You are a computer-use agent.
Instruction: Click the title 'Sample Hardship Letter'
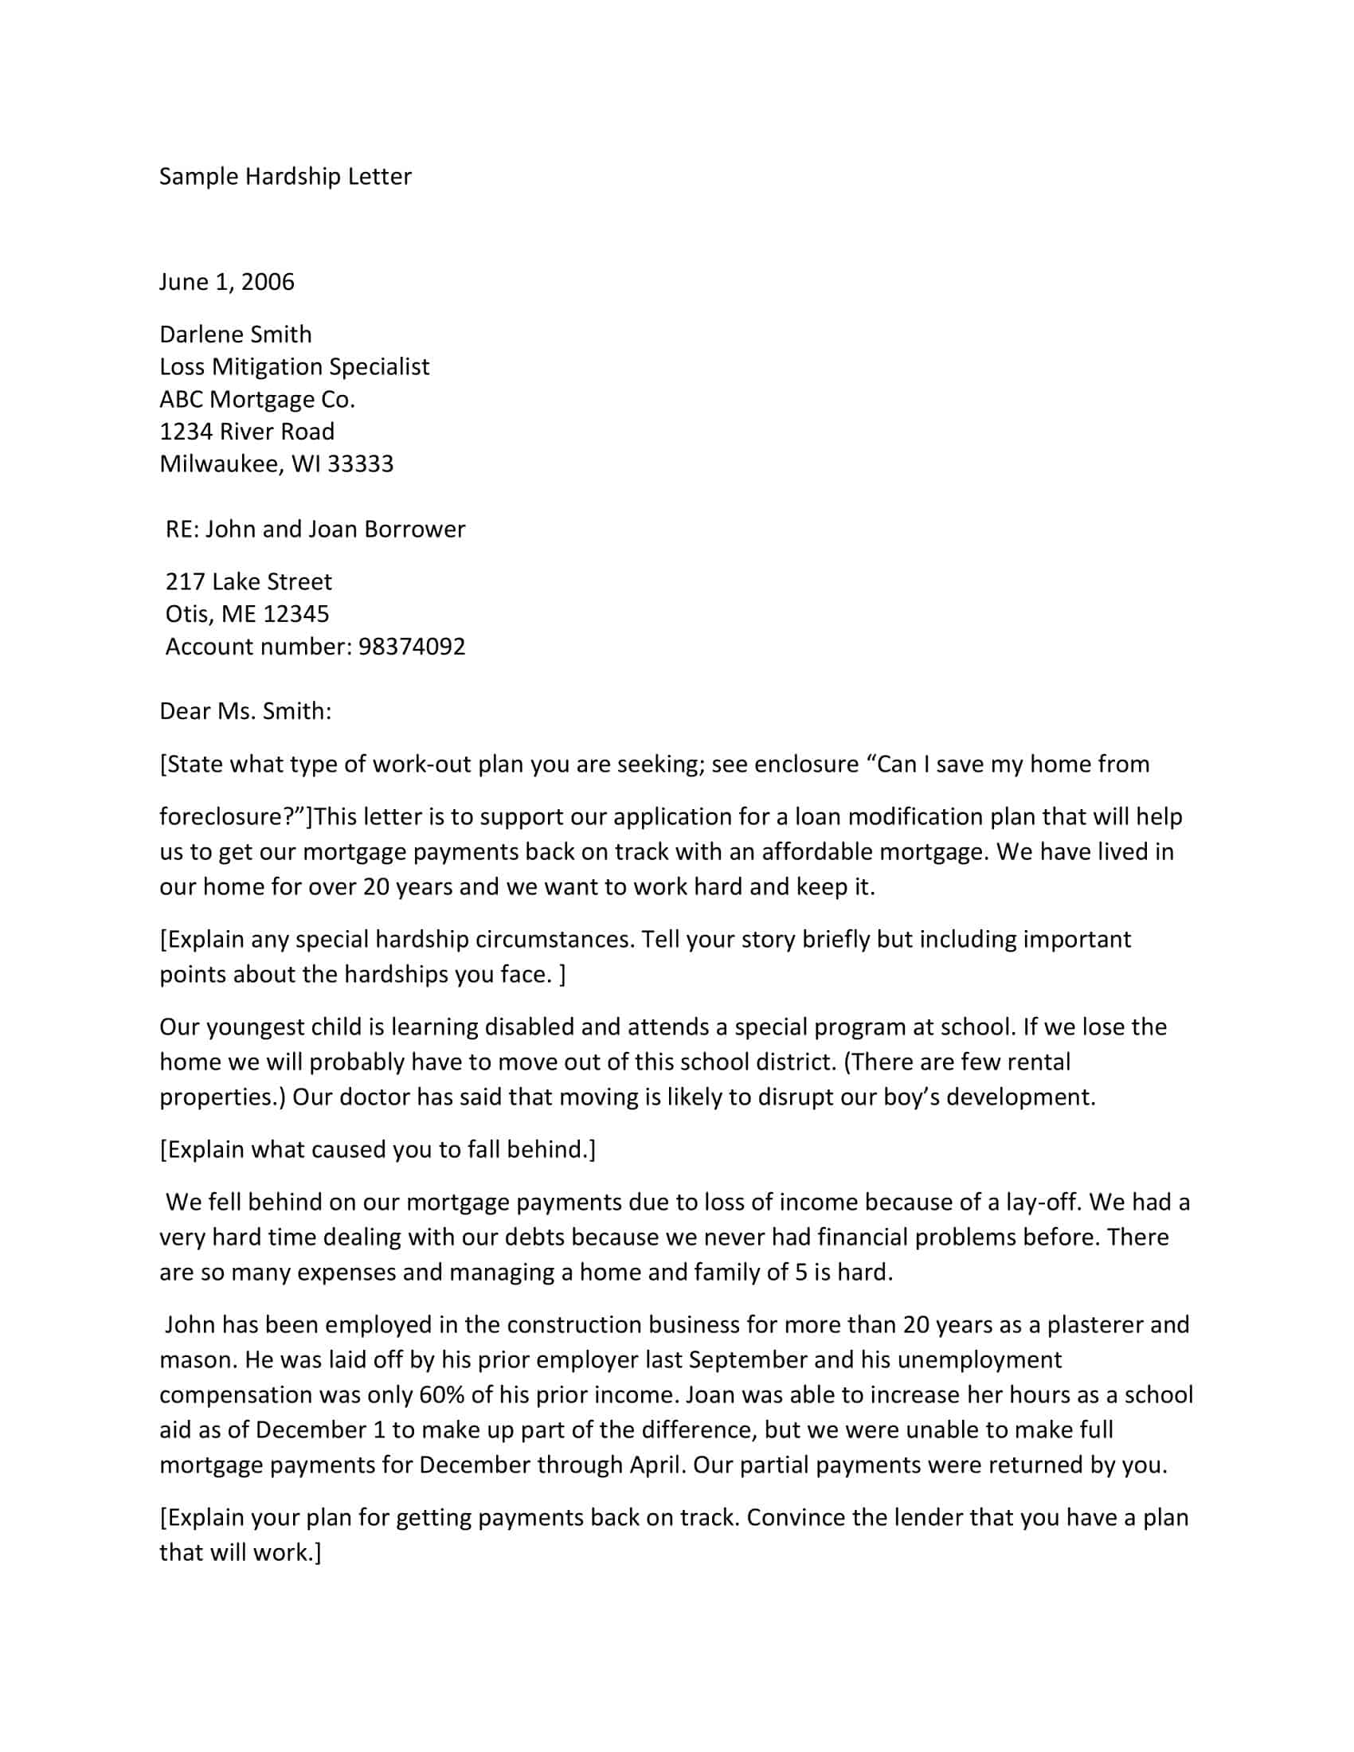pyautogui.click(x=285, y=177)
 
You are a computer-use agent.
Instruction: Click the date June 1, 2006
pyautogui.click(x=226, y=282)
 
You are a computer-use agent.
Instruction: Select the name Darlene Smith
pyautogui.click(x=235, y=334)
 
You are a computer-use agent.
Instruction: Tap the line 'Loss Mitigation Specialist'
pyautogui.click(x=294, y=366)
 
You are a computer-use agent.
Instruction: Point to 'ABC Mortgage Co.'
pyautogui.click(x=256, y=399)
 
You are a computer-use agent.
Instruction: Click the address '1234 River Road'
pyautogui.click(x=246, y=432)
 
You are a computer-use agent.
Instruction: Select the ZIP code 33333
pyautogui.click(x=360, y=463)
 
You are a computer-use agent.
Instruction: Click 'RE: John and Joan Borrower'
pyautogui.click(x=315, y=530)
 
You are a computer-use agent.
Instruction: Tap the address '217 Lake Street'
pyautogui.click(x=248, y=581)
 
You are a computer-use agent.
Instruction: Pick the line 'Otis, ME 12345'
pyautogui.click(x=247, y=614)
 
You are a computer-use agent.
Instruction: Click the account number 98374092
pyautogui.click(x=412, y=647)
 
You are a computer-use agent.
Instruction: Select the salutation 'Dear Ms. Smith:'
pyautogui.click(x=245, y=711)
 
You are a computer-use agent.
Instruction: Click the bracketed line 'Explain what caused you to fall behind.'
pyautogui.click(x=377, y=1149)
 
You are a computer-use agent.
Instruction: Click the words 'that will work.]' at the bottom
pyautogui.click(x=240, y=1552)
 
